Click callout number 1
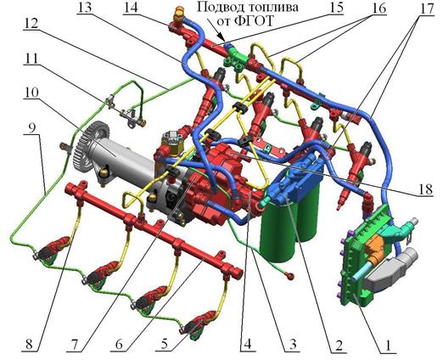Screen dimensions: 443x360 (x=389, y=346)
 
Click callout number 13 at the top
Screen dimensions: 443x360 (x=85, y=8)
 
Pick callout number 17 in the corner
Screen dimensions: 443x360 (x=426, y=8)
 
